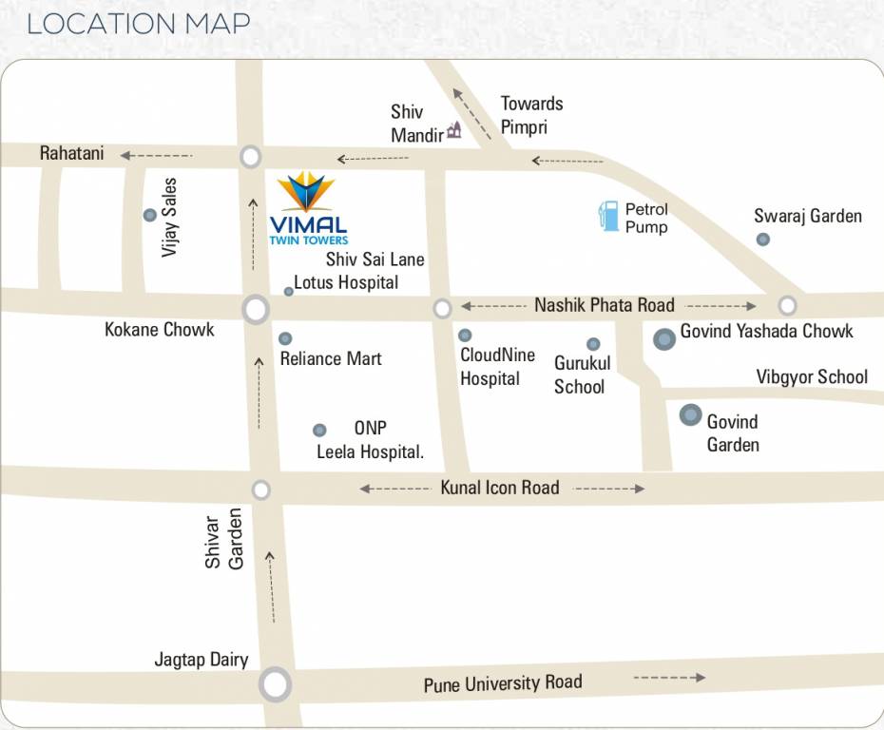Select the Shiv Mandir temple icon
(453, 131)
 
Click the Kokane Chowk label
(160, 330)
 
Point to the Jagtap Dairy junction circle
(275, 683)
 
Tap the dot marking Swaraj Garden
(762, 240)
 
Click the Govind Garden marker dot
(690, 415)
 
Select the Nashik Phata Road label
(604, 305)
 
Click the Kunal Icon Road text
(499, 488)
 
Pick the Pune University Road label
(503, 683)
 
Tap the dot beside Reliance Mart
(285, 338)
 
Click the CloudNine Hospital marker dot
(465, 336)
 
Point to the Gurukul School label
(582, 375)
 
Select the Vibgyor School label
(812, 377)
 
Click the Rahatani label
(71, 153)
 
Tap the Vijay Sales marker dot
(149, 216)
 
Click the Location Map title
(139, 24)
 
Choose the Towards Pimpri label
(531, 115)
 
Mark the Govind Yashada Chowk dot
(664, 338)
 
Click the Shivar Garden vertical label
(224, 539)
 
